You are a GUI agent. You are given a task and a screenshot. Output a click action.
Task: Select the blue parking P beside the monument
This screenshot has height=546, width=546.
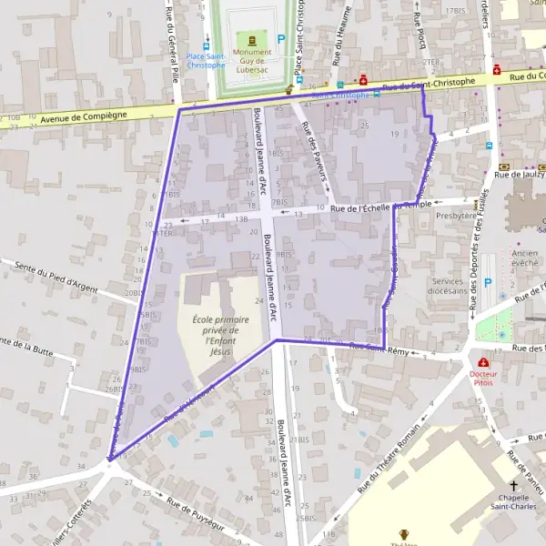click(281, 39)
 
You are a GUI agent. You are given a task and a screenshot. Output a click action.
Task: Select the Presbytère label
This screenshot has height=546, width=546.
click(456, 216)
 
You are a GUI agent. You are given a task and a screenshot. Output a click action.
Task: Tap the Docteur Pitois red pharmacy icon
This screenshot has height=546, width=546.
click(483, 362)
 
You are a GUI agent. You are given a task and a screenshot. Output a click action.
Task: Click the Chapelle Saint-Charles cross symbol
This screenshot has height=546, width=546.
click(513, 487)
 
